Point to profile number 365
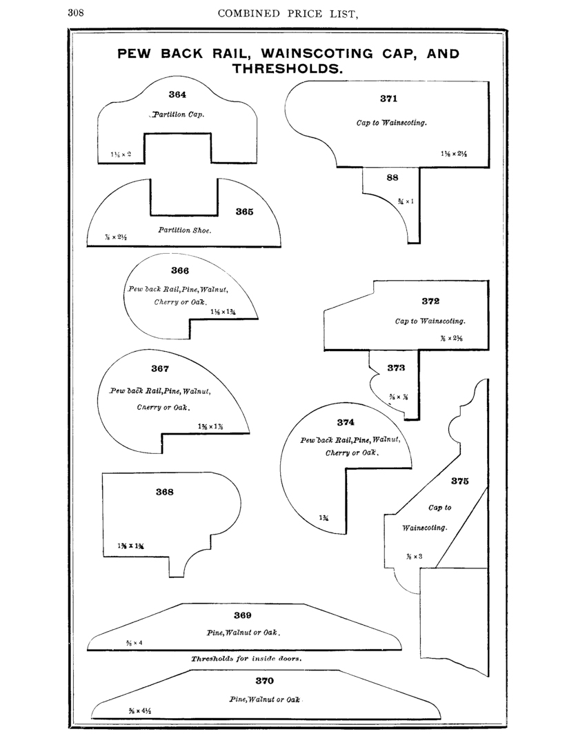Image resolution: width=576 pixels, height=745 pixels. [x=244, y=212]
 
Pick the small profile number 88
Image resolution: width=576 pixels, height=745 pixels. [x=393, y=177]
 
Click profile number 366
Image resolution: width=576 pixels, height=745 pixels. [x=180, y=270]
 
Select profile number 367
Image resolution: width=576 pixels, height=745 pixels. [x=160, y=368]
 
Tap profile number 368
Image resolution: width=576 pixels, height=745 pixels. [x=164, y=492]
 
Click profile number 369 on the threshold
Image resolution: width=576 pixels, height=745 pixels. [x=243, y=615]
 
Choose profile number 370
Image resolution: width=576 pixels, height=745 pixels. [x=264, y=680]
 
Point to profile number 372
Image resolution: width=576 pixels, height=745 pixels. [x=430, y=301]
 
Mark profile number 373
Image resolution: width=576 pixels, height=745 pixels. [x=396, y=368]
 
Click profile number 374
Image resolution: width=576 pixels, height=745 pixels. [x=346, y=421]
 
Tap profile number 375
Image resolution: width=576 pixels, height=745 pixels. [x=460, y=481]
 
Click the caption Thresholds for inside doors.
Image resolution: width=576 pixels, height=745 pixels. [x=246, y=658]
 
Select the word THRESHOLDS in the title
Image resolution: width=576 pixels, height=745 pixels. [x=288, y=69]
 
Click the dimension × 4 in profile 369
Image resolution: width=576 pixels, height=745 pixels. [x=135, y=643]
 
